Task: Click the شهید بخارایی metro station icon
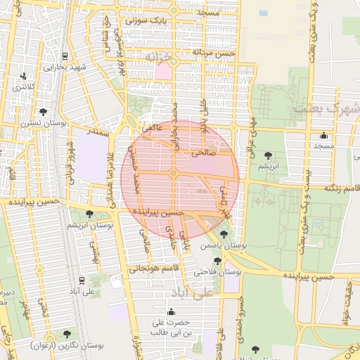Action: pyautogui.click(x=65, y=56)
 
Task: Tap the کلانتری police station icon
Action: pyautogui.click(x=24, y=76)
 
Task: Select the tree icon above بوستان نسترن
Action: pyautogui.click(x=43, y=112)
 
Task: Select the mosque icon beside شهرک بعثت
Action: pyautogui.click(x=323, y=136)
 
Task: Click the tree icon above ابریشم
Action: pyautogui.click(x=267, y=155)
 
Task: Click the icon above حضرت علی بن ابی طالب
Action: pyautogui.click(x=172, y=312)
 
